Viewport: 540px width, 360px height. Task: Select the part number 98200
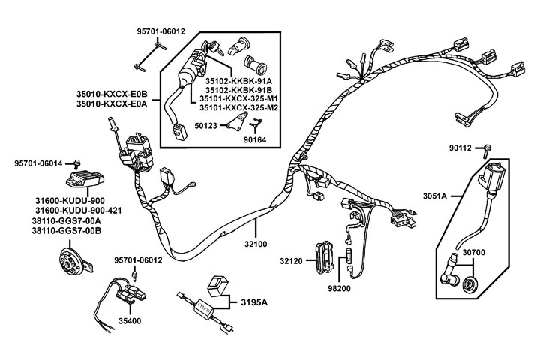click(341, 287)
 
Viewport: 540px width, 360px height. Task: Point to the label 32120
click(292, 262)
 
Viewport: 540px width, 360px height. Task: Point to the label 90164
click(259, 139)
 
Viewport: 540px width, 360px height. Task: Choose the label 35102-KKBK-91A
click(238, 79)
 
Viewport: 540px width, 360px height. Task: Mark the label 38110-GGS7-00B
click(67, 231)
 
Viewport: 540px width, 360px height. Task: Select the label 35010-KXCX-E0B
click(112, 94)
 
